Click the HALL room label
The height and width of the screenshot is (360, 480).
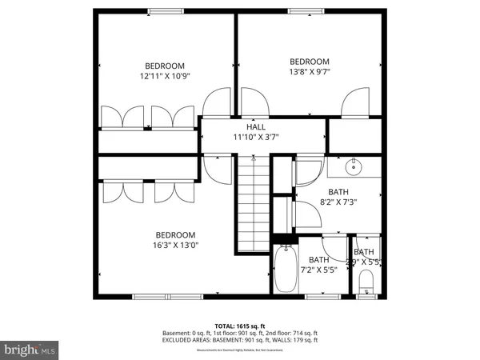[256, 126]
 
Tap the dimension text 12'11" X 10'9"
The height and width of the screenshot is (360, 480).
[164, 76]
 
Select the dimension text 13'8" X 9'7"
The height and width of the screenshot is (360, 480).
[309, 72]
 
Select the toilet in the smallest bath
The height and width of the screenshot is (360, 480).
[366, 282]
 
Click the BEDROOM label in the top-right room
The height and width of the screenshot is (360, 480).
[309, 62]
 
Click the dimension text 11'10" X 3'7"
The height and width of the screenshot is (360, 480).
[255, 137]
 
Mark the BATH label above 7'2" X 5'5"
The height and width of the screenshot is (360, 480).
[319, 259]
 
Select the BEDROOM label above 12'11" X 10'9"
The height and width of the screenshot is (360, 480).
[164, 66]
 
